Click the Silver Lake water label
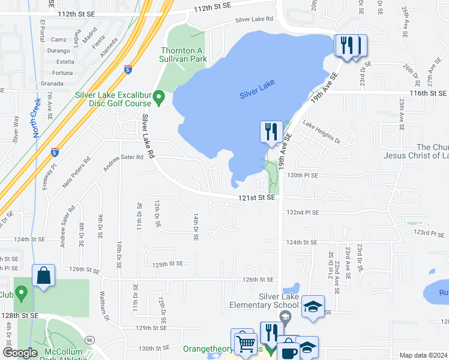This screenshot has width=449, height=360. pos(257,94)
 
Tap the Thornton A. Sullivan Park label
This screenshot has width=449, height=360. pos(184,55)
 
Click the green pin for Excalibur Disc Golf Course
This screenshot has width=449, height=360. pos(159,97)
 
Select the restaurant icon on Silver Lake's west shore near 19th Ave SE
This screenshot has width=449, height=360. pos(271,131)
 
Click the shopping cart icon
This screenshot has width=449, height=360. pos(244,344)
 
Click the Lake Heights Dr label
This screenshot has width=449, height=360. pos(321,133)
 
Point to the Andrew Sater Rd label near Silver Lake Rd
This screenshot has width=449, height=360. pos(123,161)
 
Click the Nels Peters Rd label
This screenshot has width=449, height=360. pos(76,172)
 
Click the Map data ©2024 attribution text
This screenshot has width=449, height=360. pos(423,355)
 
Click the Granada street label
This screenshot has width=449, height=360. pos(52,83)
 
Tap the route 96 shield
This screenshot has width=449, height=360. pos(90,340)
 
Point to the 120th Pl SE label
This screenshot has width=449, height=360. pos(303,175)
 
